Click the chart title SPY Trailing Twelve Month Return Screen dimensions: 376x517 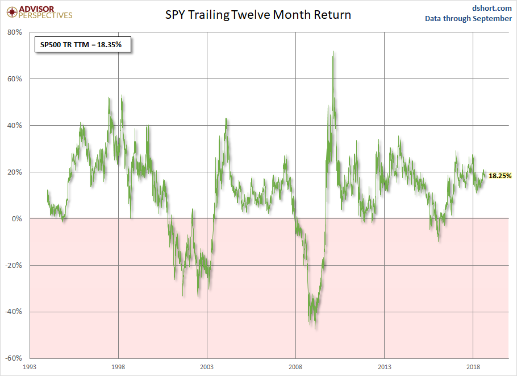[x=258, y=15]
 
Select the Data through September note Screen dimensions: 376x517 [x=468, y=19]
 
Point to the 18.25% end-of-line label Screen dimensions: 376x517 [x=500, y=176]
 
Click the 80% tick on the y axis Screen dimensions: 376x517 [x=14, y=32]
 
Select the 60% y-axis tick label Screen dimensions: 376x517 [x=14, y=79]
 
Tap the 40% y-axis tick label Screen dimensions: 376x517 [x=14, y=126]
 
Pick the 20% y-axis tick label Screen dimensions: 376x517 [x=14, y=172]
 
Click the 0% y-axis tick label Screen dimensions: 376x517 [x=16, y=219]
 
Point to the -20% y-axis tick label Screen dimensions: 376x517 [x=13, y=266]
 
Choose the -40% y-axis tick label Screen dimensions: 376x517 [x=13, y=312]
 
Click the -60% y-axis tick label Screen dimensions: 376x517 [x=13, y=359]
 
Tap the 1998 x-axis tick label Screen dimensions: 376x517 [x=118, y=367]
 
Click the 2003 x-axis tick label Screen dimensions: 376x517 [x=207, y=367]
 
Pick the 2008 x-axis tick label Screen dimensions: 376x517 [x=295, y=367]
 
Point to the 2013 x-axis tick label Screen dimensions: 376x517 [x=385, y=367]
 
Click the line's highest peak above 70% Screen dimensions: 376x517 [x=333, y=52]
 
